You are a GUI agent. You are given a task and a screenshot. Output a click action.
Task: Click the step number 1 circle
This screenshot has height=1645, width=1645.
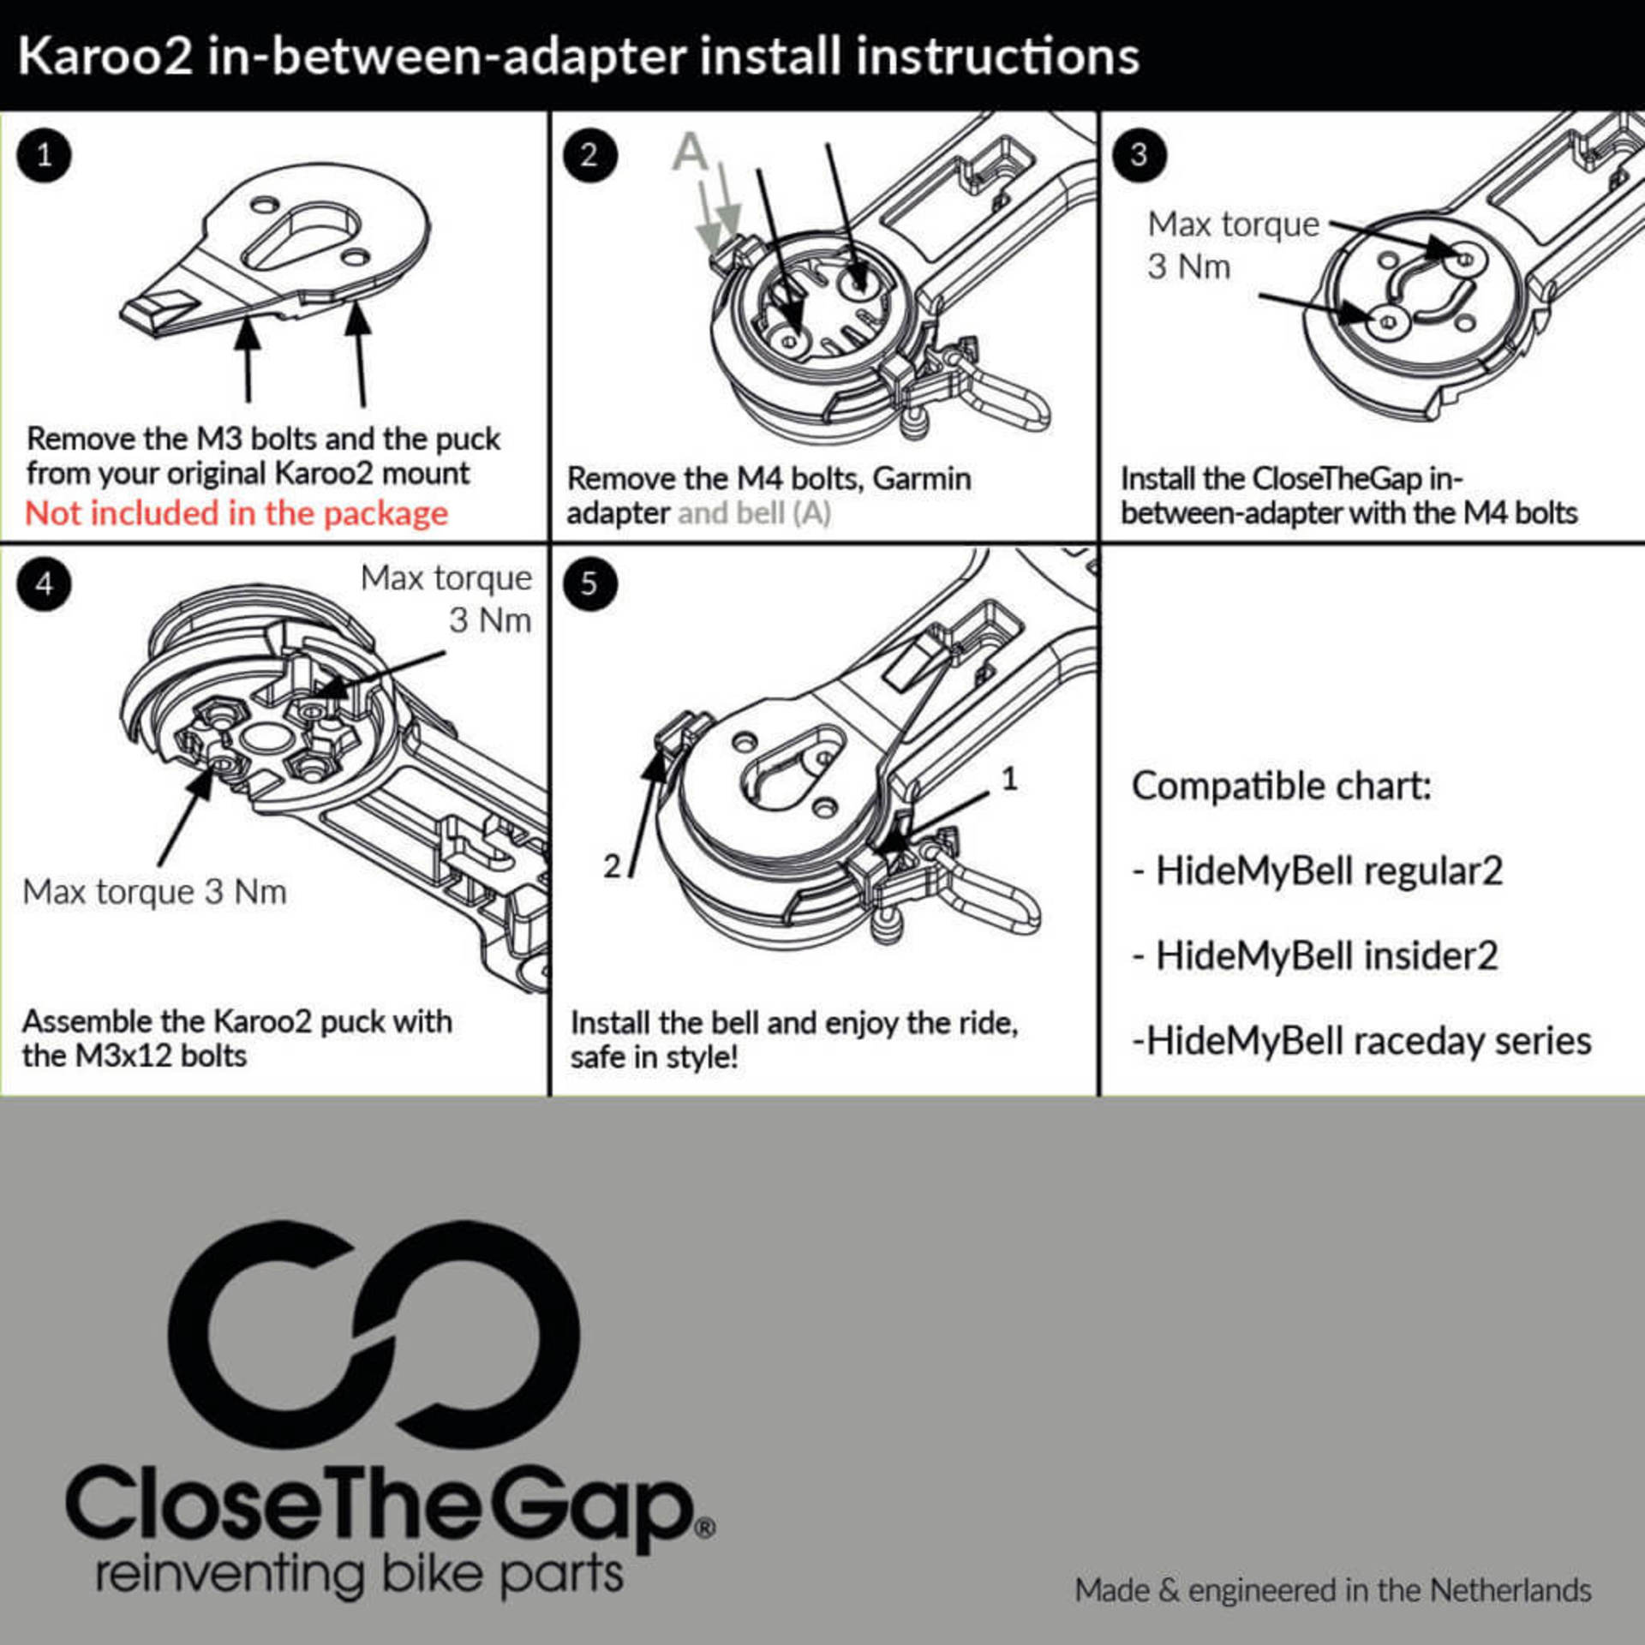coord(44,155)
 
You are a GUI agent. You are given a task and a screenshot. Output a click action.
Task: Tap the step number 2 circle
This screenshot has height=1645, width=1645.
coord(589,155)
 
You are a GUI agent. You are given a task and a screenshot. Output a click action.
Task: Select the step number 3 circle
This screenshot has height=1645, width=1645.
coord(1139,155)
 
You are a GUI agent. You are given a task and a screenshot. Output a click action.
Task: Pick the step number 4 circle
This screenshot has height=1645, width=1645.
coord(44,584)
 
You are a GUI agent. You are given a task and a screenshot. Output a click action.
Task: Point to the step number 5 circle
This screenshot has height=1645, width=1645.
coord(589,584)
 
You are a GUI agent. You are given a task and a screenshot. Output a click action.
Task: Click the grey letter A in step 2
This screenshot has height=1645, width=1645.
coord(691,153)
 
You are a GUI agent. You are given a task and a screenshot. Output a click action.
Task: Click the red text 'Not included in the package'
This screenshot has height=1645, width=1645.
coord(236,514)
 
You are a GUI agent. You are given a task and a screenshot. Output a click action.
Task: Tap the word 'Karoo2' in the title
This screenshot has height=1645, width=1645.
coord(105,57)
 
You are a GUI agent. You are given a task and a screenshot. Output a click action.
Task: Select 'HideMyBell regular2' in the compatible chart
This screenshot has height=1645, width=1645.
coord(1329,871)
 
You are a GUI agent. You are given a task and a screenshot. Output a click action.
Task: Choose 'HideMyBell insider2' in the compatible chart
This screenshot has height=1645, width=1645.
coord(1326,956)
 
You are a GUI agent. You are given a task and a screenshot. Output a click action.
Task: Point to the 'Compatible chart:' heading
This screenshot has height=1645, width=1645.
coord(1282,786)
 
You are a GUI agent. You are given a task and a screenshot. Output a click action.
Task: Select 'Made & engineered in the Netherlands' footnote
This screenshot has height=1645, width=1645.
coord(1333,1591)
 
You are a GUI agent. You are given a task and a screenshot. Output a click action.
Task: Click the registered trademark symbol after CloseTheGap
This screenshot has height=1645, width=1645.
coord(705,1528)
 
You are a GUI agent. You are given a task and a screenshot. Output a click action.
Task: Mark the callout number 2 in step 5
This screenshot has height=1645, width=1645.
coord(612,865)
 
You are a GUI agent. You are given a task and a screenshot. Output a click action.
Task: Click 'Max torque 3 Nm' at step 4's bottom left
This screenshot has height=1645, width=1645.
coord(154,893)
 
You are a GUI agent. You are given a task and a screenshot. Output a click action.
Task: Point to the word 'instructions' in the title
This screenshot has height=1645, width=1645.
coord(997,57)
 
